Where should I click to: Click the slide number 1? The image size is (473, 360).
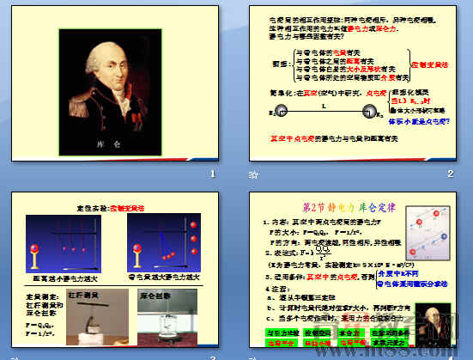211,175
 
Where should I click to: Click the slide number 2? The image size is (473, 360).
450,175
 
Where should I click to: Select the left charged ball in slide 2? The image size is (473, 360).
277,110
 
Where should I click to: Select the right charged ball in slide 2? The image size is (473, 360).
370,110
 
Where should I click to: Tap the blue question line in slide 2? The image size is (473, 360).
419,120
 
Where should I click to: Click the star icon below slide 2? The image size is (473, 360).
252,175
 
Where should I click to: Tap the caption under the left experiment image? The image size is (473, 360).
66,279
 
